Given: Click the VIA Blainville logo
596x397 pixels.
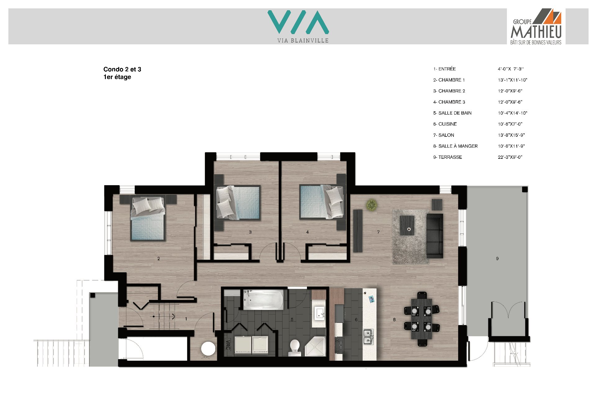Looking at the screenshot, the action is click(x=298, y=26).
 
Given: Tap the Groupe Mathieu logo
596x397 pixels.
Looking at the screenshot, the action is click(x=536, y=26).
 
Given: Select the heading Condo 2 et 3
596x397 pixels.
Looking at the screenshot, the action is click(x=122, y=69).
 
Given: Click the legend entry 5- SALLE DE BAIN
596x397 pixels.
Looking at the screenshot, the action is click(x=452, y=113).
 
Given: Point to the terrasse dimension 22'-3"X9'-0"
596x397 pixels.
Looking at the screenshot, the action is click(x=510, y=157).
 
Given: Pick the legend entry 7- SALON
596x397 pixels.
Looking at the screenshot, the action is click(x=444, y=135).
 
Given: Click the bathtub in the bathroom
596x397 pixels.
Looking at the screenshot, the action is click(x=263, y=300).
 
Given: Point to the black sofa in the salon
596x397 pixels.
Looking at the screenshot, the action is click(x=435, y=236).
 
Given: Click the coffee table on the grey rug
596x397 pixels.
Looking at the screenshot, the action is click(x=407, y=225).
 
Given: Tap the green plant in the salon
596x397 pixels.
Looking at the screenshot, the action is click(x=372, y=205).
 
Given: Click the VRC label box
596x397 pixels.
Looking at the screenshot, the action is click(x=228, y=345).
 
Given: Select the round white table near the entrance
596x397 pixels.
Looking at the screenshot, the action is click(x=208, y=349).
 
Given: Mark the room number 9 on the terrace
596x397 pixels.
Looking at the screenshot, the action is click(x=497, y=258).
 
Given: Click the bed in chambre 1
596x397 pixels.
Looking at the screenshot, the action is click(x=148, y=218).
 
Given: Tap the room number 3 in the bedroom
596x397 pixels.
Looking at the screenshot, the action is click(x=250, y=232).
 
